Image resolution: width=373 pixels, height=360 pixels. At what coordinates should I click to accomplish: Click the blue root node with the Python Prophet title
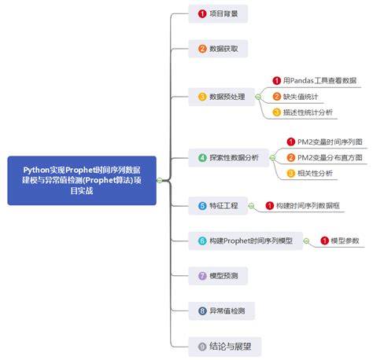click(82, 181)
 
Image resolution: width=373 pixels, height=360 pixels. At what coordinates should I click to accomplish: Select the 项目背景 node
click(218, 13)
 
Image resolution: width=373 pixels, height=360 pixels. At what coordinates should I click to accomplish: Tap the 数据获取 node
click(218, 49)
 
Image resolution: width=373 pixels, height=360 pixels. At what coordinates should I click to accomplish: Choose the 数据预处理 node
click(221, 97)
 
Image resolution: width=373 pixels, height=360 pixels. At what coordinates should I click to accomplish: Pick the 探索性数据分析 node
click(228, 158)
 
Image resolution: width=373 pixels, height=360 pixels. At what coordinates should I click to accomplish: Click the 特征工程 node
click(218, 206)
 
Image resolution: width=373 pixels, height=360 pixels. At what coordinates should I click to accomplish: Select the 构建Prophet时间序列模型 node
click(246, 241)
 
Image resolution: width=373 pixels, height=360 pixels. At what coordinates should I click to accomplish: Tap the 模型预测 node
click(218, 276)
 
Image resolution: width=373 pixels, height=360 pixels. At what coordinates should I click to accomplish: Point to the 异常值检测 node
click(221, 311)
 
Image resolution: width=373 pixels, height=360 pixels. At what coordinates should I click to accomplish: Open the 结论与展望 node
click(225, 347)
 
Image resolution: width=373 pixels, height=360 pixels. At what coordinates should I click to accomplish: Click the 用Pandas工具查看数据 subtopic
click(315, 81)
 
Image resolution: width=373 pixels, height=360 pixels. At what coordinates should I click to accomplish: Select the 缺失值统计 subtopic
click(295, 97)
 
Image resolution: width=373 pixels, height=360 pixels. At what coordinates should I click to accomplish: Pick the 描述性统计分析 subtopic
click(303, 112)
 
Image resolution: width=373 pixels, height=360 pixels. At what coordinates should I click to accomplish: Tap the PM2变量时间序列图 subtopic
click(325, 142)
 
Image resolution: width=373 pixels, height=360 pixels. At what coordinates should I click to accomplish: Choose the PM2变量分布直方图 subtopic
click(325, 158)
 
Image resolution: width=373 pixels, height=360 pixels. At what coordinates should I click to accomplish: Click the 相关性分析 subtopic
click(310, 174)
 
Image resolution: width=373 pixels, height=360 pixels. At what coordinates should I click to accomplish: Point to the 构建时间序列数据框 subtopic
click(303, 206)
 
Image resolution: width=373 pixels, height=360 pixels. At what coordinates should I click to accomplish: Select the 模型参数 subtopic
click(340, 241)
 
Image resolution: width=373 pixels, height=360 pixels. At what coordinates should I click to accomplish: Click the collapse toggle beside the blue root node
click(160, 180)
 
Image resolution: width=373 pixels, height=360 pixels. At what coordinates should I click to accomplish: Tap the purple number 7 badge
click(202, 276)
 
